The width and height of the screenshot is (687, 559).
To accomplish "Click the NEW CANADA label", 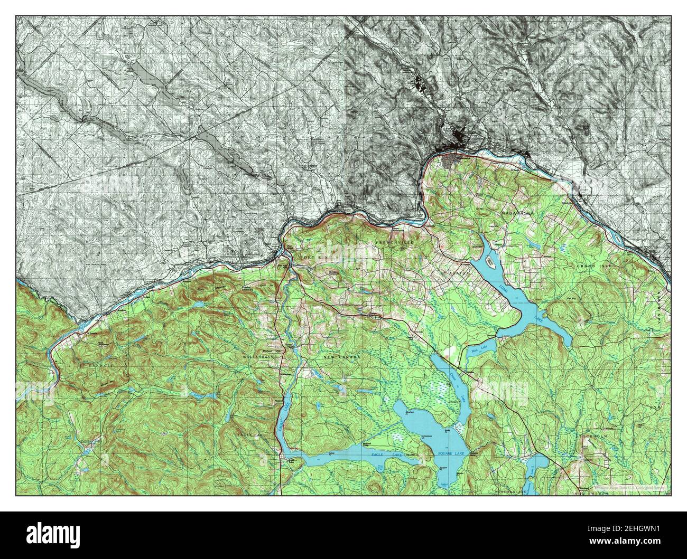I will point(342,357).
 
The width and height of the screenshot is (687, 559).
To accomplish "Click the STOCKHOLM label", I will point(609,437).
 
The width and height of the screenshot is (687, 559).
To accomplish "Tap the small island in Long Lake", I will point(490,261).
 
